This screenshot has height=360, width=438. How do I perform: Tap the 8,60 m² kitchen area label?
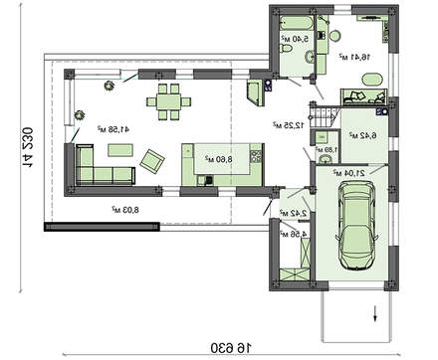[x=220, y=157]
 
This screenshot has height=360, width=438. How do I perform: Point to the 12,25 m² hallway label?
[x=289, y=126]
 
